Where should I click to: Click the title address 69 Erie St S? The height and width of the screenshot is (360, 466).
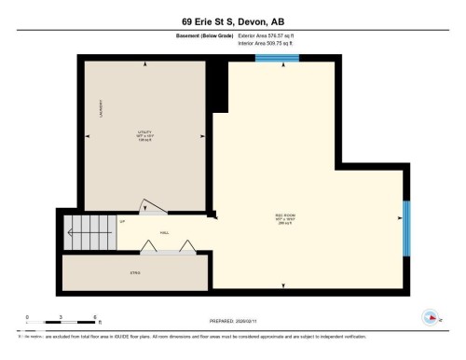click(x=233, y=19)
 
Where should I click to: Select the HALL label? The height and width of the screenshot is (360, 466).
click(x=164, y=233)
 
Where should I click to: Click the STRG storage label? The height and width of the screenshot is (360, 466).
click(x=134, y=271)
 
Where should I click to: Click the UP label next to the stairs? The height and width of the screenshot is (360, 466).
click(x=122, y=222)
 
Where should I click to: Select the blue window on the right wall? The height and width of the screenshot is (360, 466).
click(x=406, y=228)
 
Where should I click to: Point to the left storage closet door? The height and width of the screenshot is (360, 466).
click(x=149, y=245)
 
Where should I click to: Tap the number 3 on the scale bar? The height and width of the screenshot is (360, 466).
click(x=61, y=317)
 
